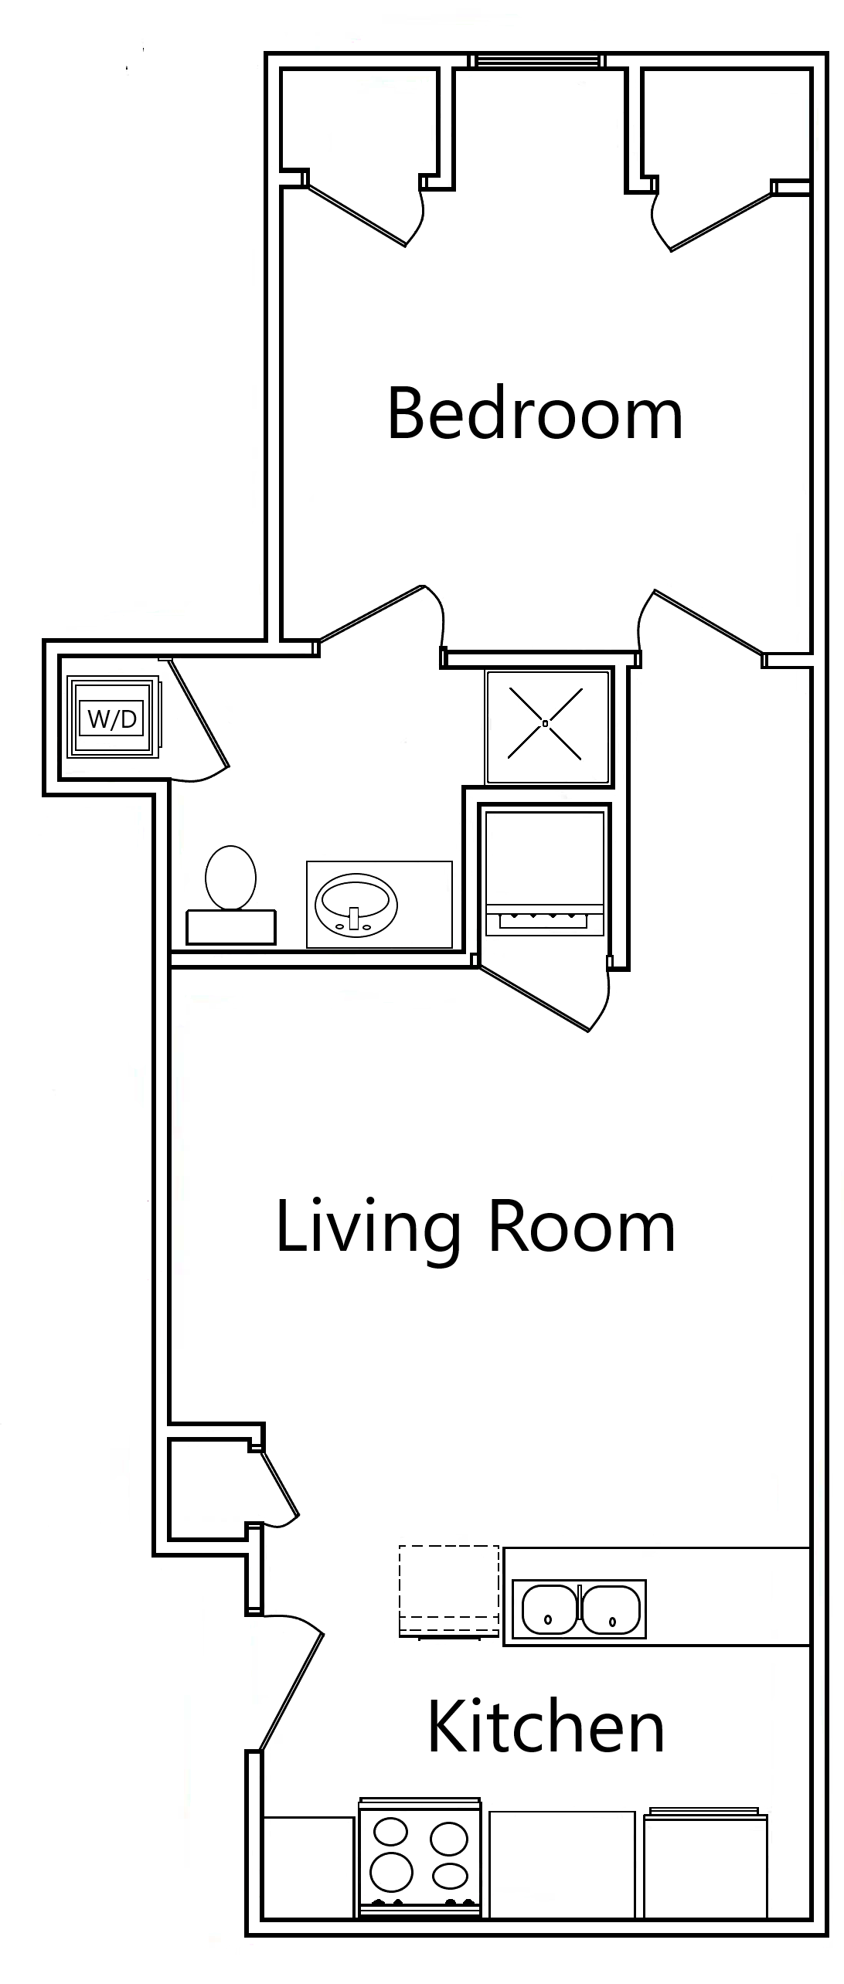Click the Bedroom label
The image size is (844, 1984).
click(535, 415)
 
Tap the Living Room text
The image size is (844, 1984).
click(475, 1227)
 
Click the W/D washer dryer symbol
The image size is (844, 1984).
click(113, 719)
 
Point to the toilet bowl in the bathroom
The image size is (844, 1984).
click(230, 878)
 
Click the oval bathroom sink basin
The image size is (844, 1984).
click(356, 905)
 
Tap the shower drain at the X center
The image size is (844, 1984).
click(546, 724)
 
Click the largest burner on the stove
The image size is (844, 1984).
click(391, 1871)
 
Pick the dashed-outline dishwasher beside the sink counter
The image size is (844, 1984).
click(448, 1590)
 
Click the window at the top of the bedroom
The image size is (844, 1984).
click(538, 60)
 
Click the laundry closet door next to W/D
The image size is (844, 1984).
click(199, 714)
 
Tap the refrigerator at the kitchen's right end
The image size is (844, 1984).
click(705, 1864)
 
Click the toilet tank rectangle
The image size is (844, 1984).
click(231, 927)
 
